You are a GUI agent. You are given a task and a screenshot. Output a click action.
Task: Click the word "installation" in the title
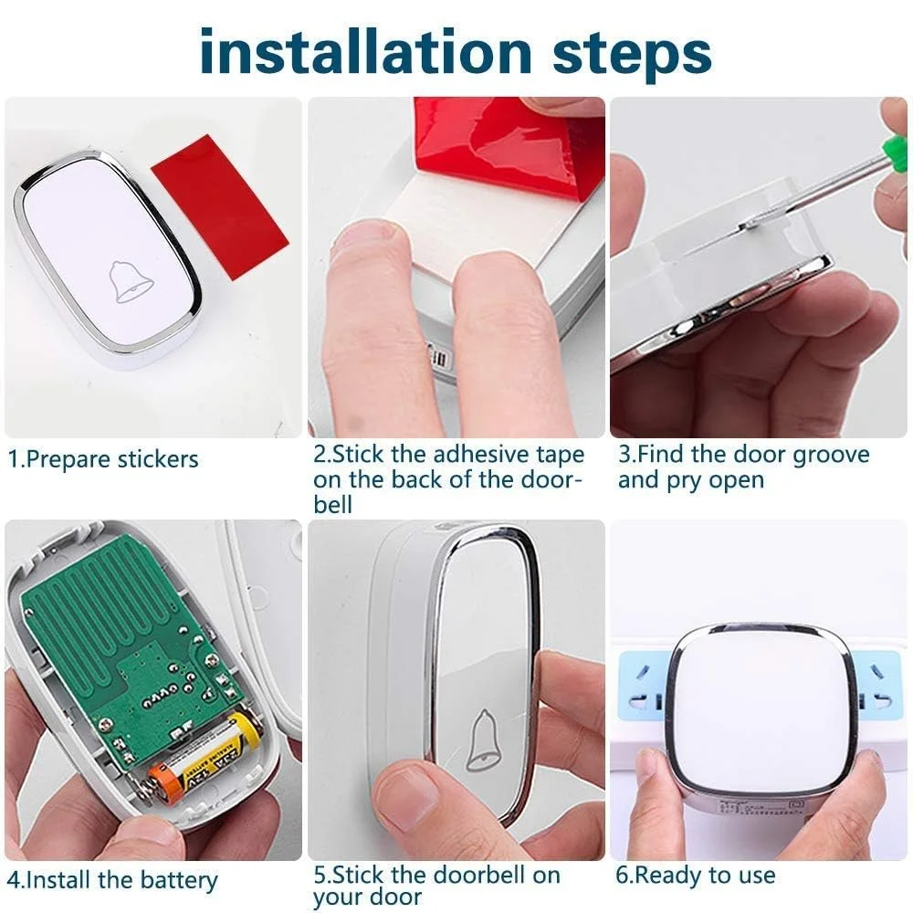(x=365, y=51)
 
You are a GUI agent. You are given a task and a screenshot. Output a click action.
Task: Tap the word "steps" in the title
(x=632, y=56)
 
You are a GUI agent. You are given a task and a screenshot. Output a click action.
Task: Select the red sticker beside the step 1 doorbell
(x=220, y=206)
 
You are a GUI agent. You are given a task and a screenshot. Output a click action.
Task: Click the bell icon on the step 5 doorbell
(x=483, y=740)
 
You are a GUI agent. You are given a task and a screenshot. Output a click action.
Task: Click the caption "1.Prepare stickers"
(x=102, y=459)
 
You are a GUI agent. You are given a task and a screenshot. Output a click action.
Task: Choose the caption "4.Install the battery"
(x=112, y=881)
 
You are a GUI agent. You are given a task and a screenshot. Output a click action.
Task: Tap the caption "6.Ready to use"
(x=695, y=876)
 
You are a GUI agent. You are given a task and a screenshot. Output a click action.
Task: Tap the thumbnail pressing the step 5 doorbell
(x=404, y=797)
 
